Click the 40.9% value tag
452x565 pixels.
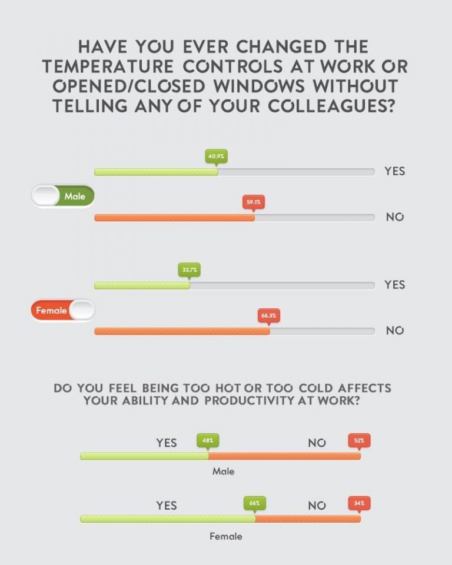tap(217, 156)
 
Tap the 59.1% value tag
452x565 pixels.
tap(254, 202)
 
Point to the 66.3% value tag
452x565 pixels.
tap(269, 315)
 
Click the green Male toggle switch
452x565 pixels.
tap(63, 196)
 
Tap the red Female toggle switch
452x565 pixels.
tap(63, 310)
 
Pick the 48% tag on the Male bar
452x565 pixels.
tap(208, 440)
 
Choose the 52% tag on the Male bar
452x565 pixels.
tap(359, 440)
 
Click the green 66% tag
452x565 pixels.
tap(255, 503)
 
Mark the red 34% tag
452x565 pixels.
tap(359, 503)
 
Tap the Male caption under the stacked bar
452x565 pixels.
tap(223, 471)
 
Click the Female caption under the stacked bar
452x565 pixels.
tap(225, 536)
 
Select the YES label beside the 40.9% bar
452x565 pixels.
tap(395, 171)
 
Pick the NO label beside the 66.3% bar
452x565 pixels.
tap(395, 331)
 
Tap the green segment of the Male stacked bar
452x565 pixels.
tap(144, 456)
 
